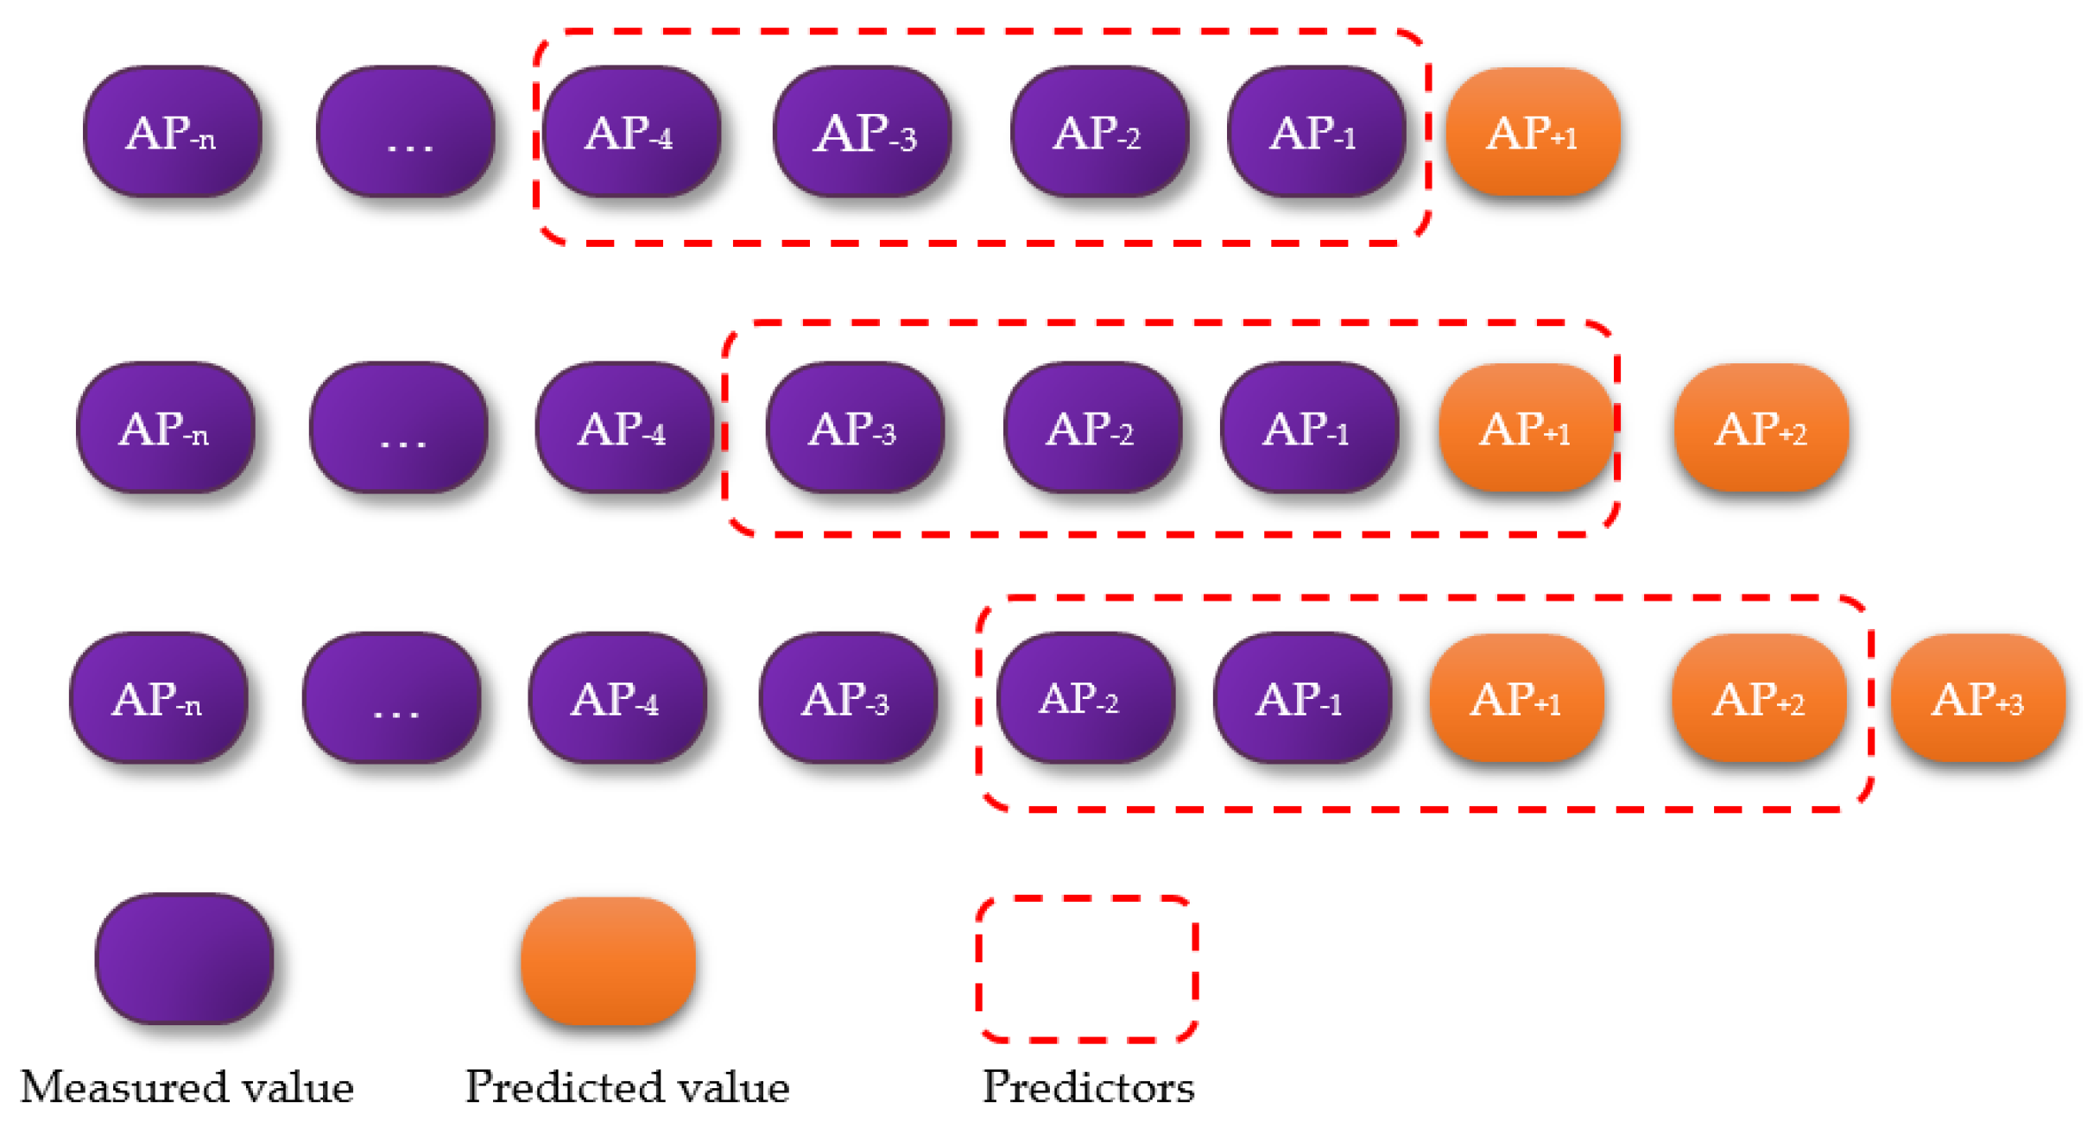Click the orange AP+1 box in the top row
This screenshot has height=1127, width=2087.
(x=1532, y=132)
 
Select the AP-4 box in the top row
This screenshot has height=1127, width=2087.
(x=631, y=132)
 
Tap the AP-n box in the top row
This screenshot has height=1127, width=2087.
(x=173, y=132)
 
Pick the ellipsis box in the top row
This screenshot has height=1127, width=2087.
(x=406, y=132)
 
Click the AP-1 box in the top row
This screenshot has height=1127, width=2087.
(x=1315, y=132)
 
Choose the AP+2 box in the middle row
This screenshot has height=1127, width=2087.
(x=1761, y=428)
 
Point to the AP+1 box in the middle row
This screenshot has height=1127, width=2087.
(x=1525, y=428)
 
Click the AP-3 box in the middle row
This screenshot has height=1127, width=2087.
(x=854, y=428)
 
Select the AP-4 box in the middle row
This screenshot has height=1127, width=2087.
(x=623, y=428)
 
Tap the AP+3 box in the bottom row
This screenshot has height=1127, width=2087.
(x=1977, y=698)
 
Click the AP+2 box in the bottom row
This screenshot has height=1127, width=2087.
(x=1758, y=698)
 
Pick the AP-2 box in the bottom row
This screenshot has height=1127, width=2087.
(x=1084, y=698)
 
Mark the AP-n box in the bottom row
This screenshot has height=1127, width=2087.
(x=159, y=698)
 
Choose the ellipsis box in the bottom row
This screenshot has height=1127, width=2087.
(x=392, y=698)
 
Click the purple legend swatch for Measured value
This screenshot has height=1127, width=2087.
(x=185, y=959)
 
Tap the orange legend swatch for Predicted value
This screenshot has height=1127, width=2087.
(x=608, y=960)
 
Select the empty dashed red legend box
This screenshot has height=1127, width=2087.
(x=1087, y=968)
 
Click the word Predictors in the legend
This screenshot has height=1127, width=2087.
(x=1088, y=1086)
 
